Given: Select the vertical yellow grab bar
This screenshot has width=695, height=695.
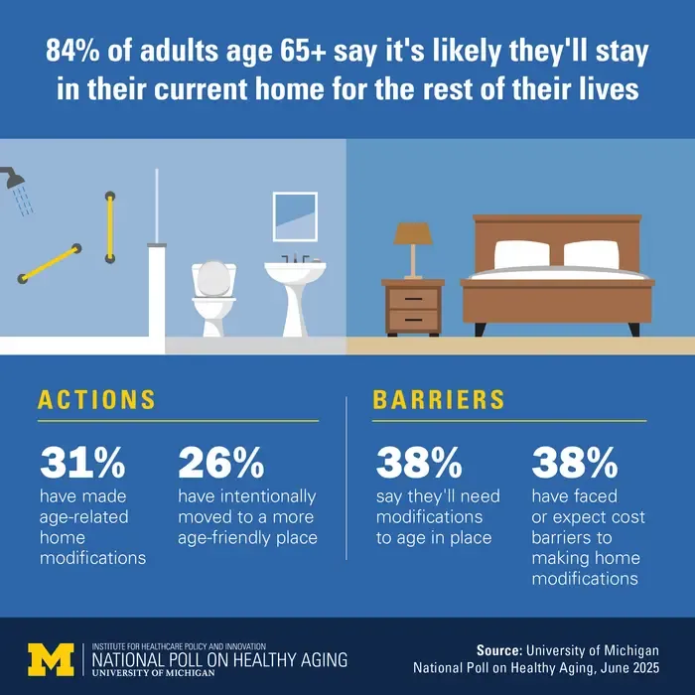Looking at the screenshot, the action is [110, 227].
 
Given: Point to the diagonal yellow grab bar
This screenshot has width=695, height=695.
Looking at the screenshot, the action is [50, 264].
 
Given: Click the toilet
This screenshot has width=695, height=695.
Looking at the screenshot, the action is [213, 298].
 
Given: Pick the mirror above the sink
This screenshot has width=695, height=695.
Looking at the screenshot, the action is [295, 216].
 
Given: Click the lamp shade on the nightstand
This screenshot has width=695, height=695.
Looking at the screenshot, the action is [413, 233].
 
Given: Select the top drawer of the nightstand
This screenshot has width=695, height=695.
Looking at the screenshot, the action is [413, 299].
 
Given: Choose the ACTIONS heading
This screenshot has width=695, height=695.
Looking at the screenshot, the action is [96, 400].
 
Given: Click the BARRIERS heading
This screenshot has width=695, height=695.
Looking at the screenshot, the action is [439, 400].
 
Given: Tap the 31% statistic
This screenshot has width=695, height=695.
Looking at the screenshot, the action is [82, 464].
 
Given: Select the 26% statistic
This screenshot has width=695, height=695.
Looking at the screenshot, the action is [221, 464].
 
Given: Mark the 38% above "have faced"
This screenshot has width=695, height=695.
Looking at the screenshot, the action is [575, 464].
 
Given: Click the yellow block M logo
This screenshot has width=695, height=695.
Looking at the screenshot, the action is [51, 659].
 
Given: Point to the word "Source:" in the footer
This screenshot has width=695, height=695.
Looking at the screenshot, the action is [499, 650].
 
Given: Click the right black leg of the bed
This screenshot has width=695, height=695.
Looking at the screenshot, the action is [633, 330].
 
